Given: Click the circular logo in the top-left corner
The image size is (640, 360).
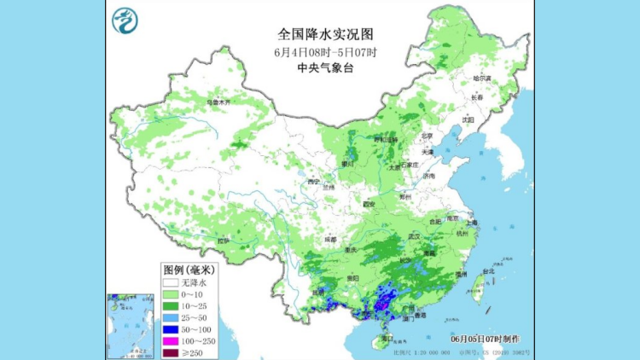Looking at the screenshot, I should tap(125, 19).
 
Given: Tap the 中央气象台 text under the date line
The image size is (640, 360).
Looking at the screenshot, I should tap(326, 67).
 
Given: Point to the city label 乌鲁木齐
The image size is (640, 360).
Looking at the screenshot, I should tap(218, 102).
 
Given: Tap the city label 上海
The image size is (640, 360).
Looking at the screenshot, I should tap(472, 223).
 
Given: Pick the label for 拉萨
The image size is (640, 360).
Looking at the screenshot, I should tap(224, 241).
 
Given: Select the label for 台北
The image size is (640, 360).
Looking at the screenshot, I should tap(488, 271).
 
